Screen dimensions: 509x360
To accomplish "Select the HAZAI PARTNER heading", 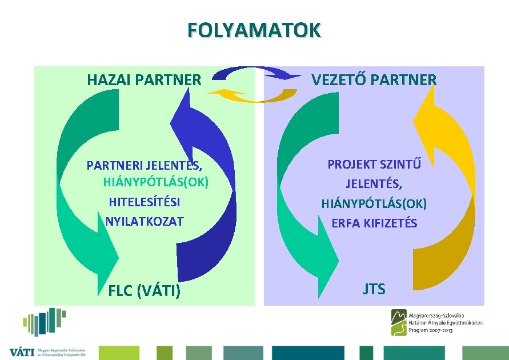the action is pyautogui.click(x=144, y=80).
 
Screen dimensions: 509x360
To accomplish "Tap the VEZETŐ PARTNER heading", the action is pyautogui.click(x=374, y=80).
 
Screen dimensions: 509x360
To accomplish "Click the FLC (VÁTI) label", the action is pyautogui.click(x=145, y=291).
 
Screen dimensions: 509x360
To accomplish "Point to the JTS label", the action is pyautogui.click(x=374, y=289).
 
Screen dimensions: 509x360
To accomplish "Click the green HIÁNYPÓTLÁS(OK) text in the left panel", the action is pyautogui.click(x=156, y=183).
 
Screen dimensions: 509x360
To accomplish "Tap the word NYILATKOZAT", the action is pyautogui.click(x=145, y=221).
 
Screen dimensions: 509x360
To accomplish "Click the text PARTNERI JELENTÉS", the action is pyautogui.click(x=144, y=166).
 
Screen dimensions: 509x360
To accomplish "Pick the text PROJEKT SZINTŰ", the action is pyautogui.click(x=374, y=165).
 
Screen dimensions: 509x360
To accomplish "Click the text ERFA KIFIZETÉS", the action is pyautogui.click(x=374, y=223).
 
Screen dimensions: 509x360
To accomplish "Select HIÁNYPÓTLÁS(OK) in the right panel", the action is pyautogui.click(x=374, y=203).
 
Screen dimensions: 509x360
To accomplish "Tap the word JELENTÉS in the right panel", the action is pyautogui.click(x=374, y=184).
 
